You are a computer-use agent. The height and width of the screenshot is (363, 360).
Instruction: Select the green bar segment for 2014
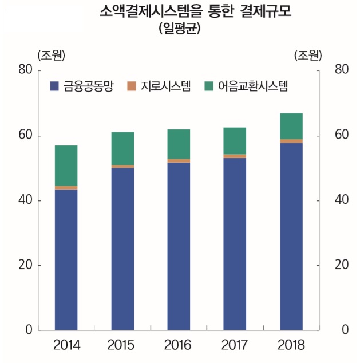point(66,165)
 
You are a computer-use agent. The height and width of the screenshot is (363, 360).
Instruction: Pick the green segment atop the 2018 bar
point(291,126)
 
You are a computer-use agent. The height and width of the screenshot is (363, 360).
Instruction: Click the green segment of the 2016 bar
point(178,144)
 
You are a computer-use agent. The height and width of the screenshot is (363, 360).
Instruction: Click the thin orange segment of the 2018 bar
point(291,141)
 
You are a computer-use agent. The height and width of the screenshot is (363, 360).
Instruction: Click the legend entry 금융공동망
point(82,86)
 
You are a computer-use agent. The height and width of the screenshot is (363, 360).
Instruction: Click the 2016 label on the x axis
point(178,345)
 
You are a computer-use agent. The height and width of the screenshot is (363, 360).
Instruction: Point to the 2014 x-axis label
point(66,345)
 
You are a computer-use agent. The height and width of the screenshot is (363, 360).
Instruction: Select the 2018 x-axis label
point(291,345)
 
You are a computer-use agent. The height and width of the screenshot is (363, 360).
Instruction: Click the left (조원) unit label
point(51,56)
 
